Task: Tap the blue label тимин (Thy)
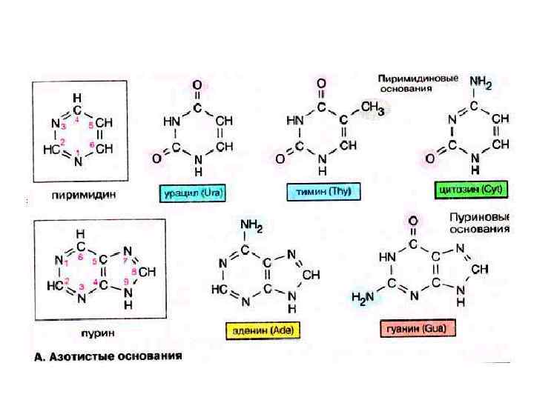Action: click(x=323, y=192)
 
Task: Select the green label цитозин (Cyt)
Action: click(x=471, y=190)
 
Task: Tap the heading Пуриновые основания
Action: click(x=480, y=223)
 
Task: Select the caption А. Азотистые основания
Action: click(x=109, y=356)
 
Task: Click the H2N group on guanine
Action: click(x=363, y=297)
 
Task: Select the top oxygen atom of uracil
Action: click(x=197, y=84)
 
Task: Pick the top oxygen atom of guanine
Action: click(x=412, y=221)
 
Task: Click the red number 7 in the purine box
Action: click(x=125, y=261)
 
